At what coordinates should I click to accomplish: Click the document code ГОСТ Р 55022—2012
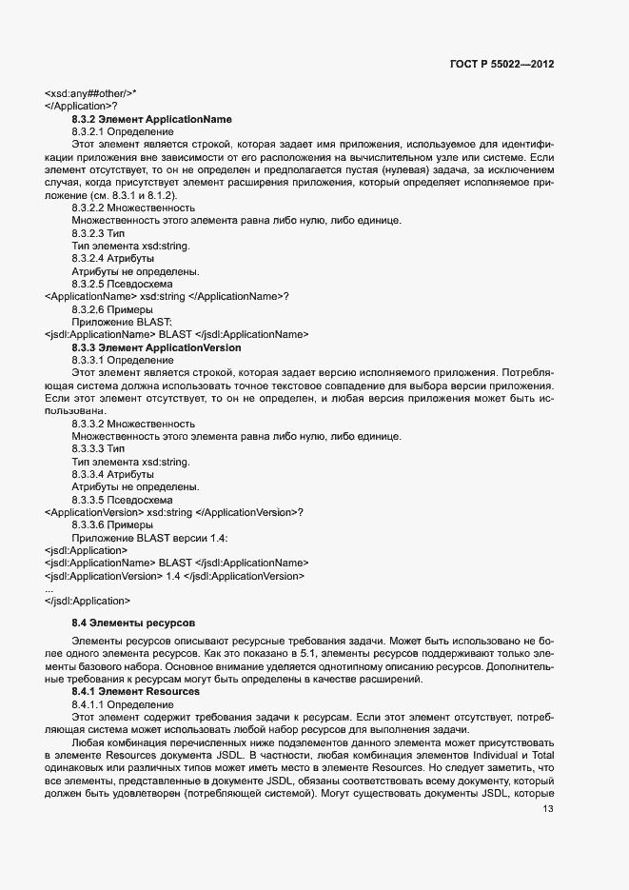click(501, 64)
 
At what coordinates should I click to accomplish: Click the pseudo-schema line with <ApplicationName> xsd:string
click(167, 296)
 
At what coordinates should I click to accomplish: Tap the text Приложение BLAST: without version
click(115, 322)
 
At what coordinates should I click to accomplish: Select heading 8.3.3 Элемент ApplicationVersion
click(156, 347)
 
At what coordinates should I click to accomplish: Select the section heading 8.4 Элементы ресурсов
click(132, 622)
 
